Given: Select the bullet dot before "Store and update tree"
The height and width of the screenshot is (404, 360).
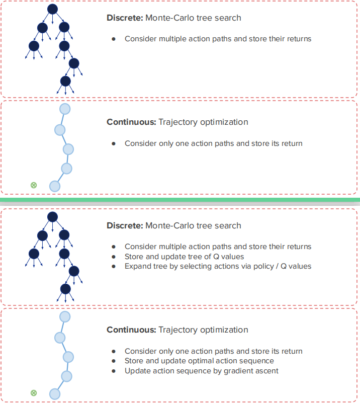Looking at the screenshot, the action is (x=114, y=256).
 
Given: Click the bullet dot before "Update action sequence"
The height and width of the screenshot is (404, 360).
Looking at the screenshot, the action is (x=114, y=371).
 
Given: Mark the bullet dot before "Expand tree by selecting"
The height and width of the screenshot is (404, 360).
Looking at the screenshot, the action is (x=114, y=266).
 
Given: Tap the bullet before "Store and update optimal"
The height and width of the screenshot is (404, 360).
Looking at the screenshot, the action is (x=114, y=361).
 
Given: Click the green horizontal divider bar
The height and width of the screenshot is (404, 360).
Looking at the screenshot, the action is (x=180, y=200).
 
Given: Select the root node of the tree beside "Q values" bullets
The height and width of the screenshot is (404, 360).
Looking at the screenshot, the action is (x=52, y=217).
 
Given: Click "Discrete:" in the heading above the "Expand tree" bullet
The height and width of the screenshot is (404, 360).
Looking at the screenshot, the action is (x=125, y=225).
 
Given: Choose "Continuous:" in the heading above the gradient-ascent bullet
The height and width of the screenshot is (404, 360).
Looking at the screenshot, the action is (x=131, y=330).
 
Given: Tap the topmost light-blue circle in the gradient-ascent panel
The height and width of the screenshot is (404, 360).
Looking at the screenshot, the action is (x=64, y=316).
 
